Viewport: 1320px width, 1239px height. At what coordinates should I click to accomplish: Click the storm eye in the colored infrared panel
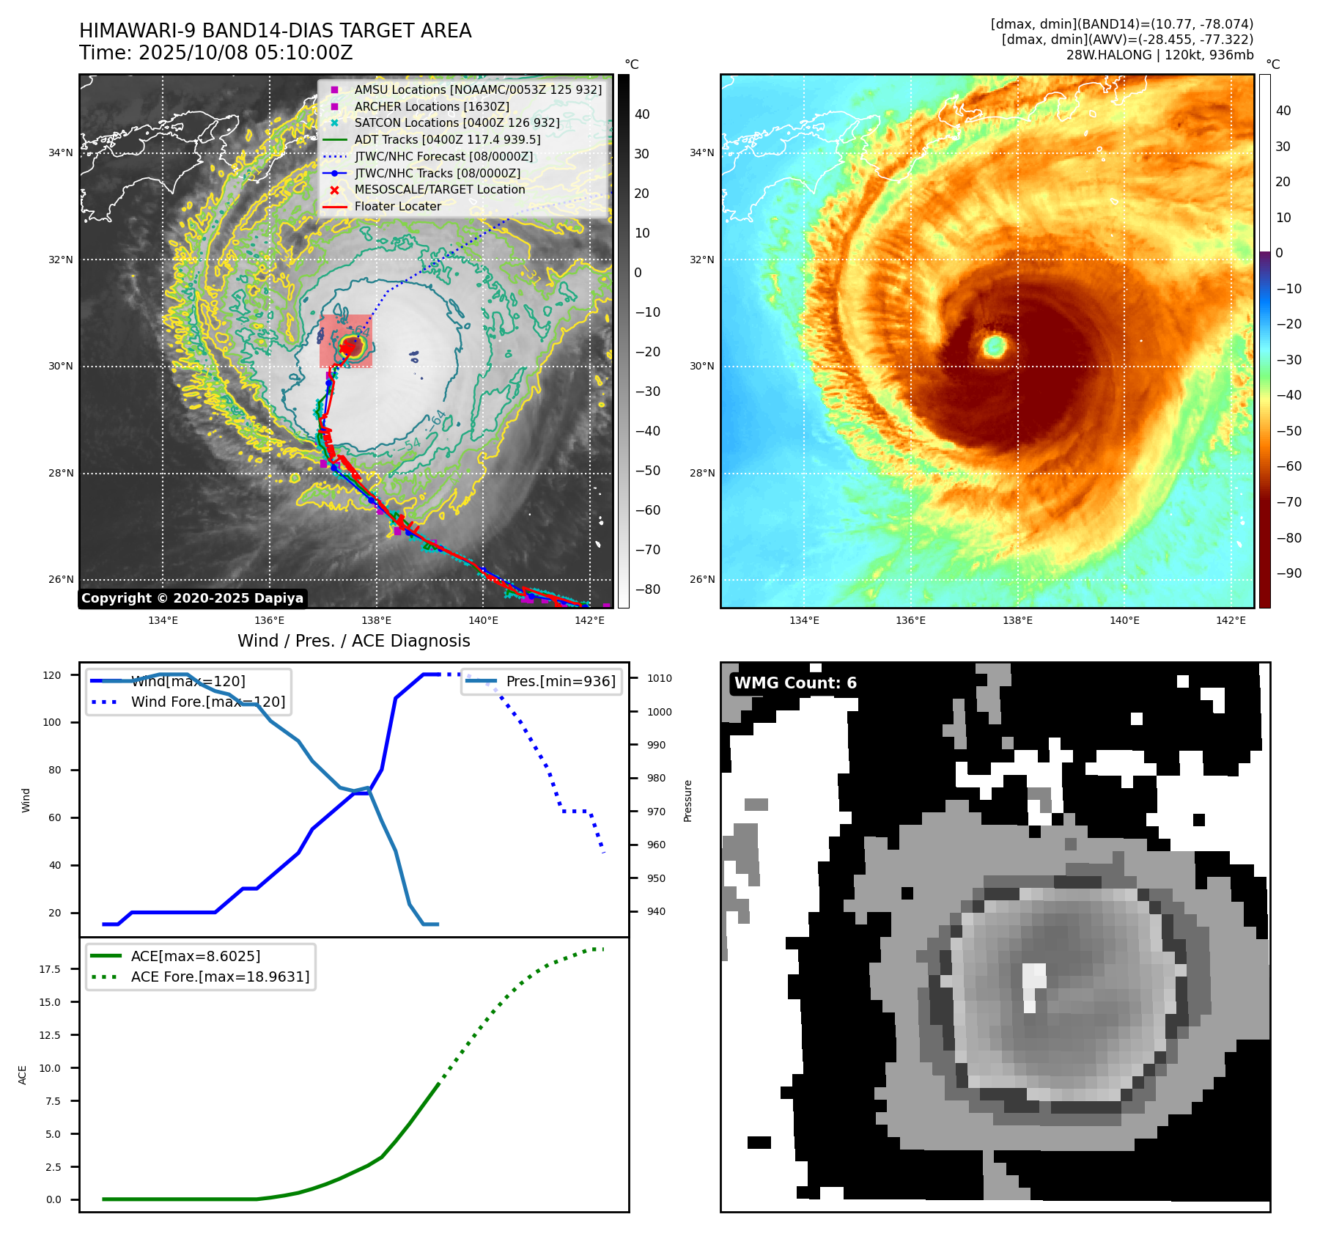995,345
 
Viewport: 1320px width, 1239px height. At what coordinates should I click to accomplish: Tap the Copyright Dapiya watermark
192,598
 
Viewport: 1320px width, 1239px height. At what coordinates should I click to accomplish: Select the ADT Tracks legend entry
447,139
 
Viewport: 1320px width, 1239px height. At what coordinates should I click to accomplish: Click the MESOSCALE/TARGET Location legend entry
440,189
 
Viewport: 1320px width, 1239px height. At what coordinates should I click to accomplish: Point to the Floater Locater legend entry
397,206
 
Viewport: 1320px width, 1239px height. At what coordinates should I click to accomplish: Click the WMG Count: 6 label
795,683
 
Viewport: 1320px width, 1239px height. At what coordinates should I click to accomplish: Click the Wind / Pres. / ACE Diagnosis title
353,641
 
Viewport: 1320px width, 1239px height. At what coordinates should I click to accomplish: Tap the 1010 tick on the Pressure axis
659,678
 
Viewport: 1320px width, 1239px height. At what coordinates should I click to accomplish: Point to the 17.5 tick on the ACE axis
51,969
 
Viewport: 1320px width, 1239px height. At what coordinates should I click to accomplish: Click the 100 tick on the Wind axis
52,722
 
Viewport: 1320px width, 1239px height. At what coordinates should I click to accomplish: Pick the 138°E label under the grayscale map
377,620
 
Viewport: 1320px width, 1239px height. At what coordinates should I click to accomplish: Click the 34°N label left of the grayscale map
61,152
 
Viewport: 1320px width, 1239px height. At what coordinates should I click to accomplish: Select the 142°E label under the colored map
1231,620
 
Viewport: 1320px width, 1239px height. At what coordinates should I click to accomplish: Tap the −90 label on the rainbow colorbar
1288,573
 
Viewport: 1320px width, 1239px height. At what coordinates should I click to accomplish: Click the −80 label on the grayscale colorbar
647,589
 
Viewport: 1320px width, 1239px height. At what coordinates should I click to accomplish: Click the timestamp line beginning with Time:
216,53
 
